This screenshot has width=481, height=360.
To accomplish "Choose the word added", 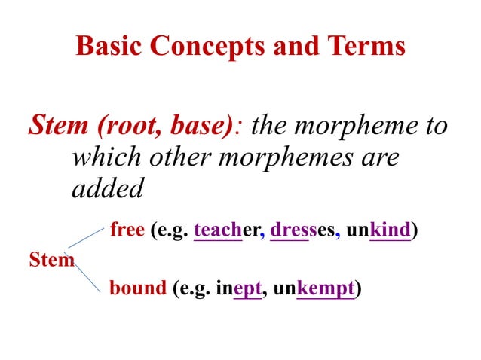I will click(x=107, y=188).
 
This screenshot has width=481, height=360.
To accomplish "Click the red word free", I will click(x=127, y=229).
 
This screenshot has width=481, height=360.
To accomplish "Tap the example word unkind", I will click(x=378, y=229).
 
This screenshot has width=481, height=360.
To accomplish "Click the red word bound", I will click(x=137, y=288).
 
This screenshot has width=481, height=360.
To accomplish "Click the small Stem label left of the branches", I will click(x=51, y=260).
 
